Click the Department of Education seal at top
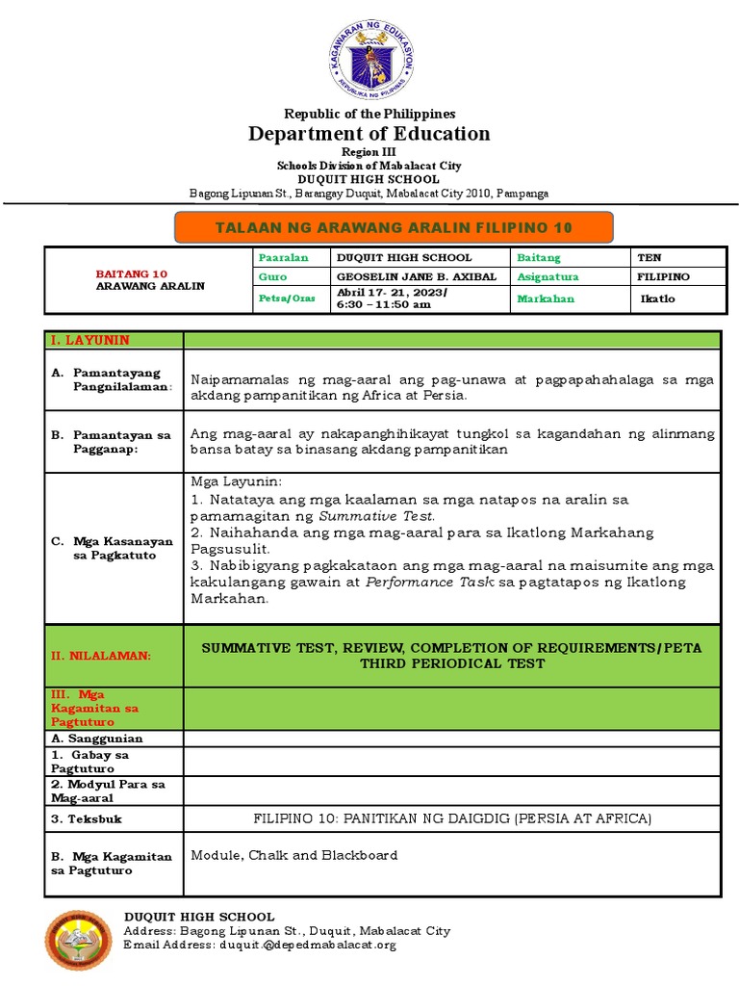point(369,61)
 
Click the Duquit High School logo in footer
point(79,940)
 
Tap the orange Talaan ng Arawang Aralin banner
point(393,227)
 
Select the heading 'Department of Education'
point(369,134)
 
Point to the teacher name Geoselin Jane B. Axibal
point(416,277)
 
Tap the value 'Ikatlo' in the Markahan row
point(658,298)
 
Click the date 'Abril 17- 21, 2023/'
point(391,292)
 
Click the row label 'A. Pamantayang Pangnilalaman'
point(112,379)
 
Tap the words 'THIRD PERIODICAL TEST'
point(452,663)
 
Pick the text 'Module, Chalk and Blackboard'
point(294,855)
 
